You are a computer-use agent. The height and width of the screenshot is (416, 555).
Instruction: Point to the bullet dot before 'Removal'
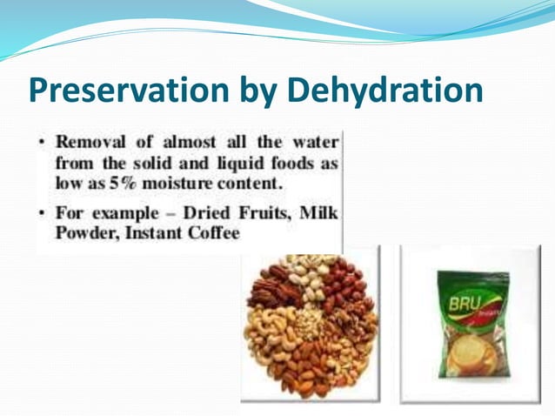43,142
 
